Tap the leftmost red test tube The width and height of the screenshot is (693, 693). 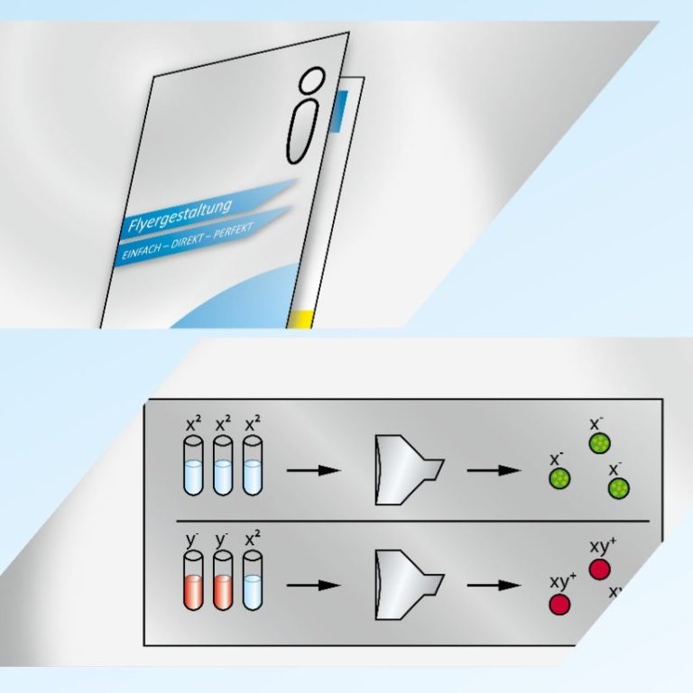pyautogui.click(x=193, y=583)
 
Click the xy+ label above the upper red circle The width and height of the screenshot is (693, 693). pyautogui.click(x=602, y=546)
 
